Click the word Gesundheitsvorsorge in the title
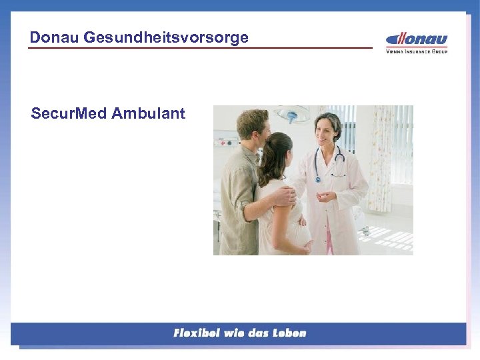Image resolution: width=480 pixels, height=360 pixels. pos(166,37)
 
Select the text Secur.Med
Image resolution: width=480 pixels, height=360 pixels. pos(69,113)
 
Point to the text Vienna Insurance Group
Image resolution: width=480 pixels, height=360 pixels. pos(417,50)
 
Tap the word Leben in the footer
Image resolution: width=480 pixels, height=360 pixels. pos(288,333)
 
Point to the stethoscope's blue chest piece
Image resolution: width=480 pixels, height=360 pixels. pos(317,179)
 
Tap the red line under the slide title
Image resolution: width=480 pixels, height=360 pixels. pos(200,48)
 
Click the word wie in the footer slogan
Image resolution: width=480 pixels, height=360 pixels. pos(239,333)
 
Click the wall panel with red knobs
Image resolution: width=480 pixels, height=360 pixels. pos(225,141)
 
